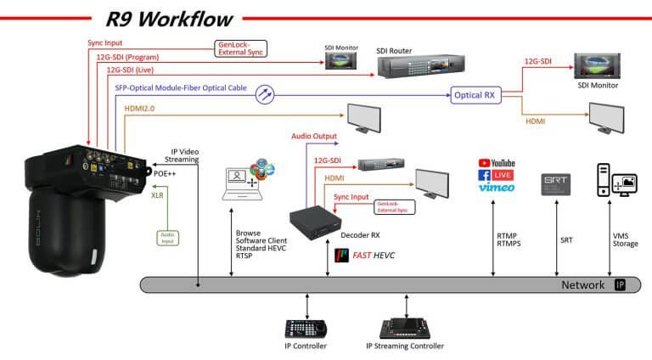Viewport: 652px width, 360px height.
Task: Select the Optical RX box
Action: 473,95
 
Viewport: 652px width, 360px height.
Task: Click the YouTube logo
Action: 497,162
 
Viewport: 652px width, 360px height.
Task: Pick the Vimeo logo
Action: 497,188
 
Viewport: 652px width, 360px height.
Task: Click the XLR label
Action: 158,194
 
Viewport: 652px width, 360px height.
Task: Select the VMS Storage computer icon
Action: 617,180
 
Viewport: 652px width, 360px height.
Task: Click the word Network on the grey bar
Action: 583,285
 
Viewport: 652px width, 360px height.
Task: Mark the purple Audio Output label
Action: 314,136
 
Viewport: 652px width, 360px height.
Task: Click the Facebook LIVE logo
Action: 497,175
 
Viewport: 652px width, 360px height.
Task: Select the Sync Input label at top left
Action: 106,42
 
